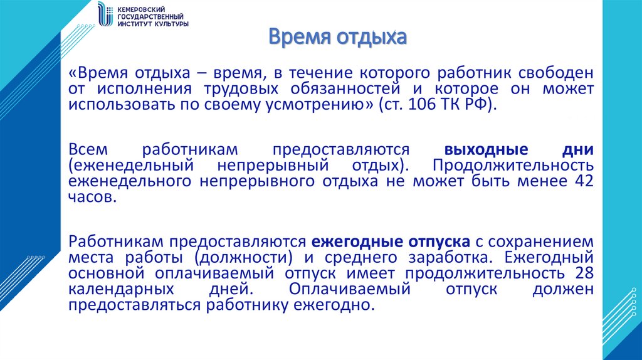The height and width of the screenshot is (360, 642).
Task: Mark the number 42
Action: tap(583, 182)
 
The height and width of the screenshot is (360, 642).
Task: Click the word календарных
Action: tap(121, 289)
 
